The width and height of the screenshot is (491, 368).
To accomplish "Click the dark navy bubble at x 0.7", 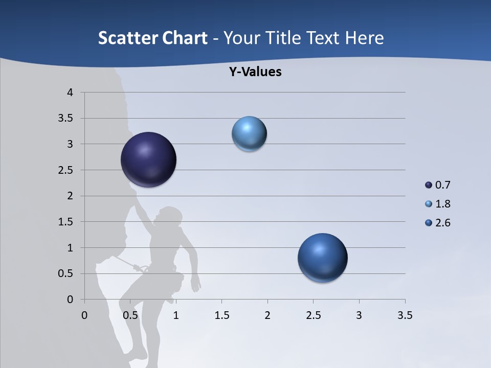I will [x=149, y=159].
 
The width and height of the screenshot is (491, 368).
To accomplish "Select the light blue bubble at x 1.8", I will [x=249, y=134].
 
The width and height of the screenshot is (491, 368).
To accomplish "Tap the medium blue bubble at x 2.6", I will [x=322, y=258].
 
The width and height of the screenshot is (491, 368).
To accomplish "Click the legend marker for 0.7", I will [x=429, y=185].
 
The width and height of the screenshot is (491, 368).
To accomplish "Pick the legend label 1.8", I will [x=442, y=204].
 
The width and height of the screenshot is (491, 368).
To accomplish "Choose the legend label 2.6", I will [x=442, y=223].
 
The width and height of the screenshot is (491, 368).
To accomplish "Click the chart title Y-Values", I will [x=255, y=72].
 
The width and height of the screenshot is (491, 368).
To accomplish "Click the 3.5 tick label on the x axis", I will [x=405, y=315].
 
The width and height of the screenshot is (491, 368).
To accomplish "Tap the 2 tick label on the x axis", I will [x=267, y=315].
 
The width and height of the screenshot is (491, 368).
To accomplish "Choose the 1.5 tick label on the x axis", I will [x=221, y=315].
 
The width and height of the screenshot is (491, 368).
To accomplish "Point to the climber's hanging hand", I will [x=195, y=284].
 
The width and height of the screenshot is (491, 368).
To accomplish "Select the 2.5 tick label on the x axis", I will [x=313, y=315].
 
